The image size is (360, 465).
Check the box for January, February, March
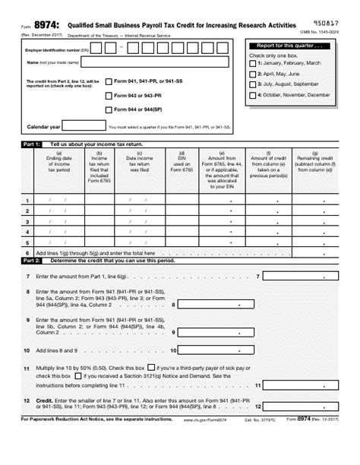[252, 63]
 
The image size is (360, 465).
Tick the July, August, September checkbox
[252, 84]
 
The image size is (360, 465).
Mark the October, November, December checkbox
[252, 95]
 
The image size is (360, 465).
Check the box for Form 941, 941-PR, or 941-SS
[109, 81]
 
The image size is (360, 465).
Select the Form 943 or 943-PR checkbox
[109, 96]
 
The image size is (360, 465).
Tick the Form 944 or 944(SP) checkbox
[109, 109]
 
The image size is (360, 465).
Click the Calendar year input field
[76, 126]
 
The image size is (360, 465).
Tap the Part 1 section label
[32, 144]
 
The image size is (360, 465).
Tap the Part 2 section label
[32, 260]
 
